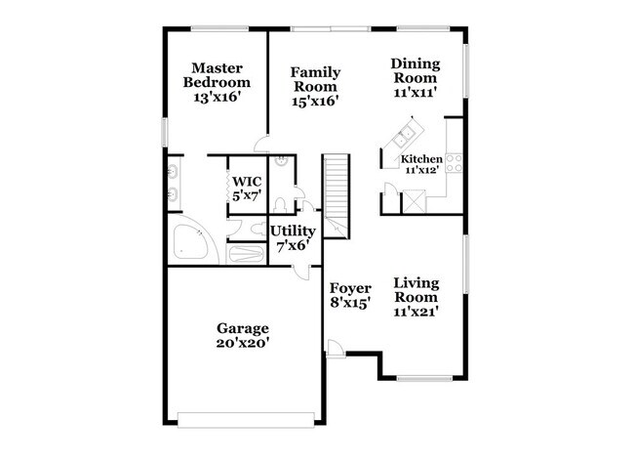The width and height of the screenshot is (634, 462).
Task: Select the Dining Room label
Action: pyautogui.click(x=416, y=71)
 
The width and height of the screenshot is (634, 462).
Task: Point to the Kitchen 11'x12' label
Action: pyautogui.click(x=422, y=164)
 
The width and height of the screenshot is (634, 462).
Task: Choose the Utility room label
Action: pyautogui.click(x=292, y=231)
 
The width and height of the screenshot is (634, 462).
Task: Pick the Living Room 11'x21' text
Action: pyautogui.click(x=416, y=297)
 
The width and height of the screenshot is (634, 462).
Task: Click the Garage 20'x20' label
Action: pyautogui.click(x=244, y=335)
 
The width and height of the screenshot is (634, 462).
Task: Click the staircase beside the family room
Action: pyautogui.click(x=337, y=189)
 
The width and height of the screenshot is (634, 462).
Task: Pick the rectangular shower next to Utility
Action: pyautogui.click(x=247, y=254)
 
